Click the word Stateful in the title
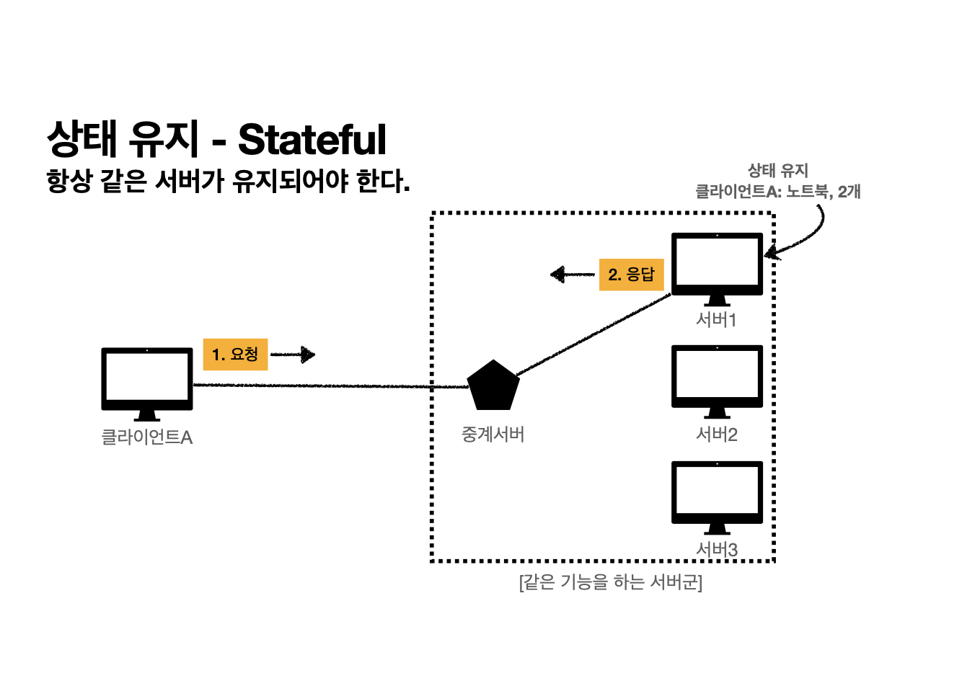click(x=312, y=140)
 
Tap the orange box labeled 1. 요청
click(x=235, y=354)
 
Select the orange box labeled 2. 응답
click(x=631, y=275)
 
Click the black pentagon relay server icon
click(x=493, y=385)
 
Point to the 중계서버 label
click(x=493, y=435)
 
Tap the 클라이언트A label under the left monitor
click(x=147, y=437)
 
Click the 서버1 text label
click(x=716, y=320)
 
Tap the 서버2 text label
click(x=716, y=435)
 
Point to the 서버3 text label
click(x=716, y=550)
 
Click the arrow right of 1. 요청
click(x=294, y=355)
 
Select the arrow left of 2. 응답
click(x=572, y=275)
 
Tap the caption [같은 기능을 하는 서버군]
click(x=610, y=582)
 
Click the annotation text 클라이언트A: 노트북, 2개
click(x=777, y=192)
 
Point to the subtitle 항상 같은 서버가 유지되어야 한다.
click(x=228, y=181)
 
